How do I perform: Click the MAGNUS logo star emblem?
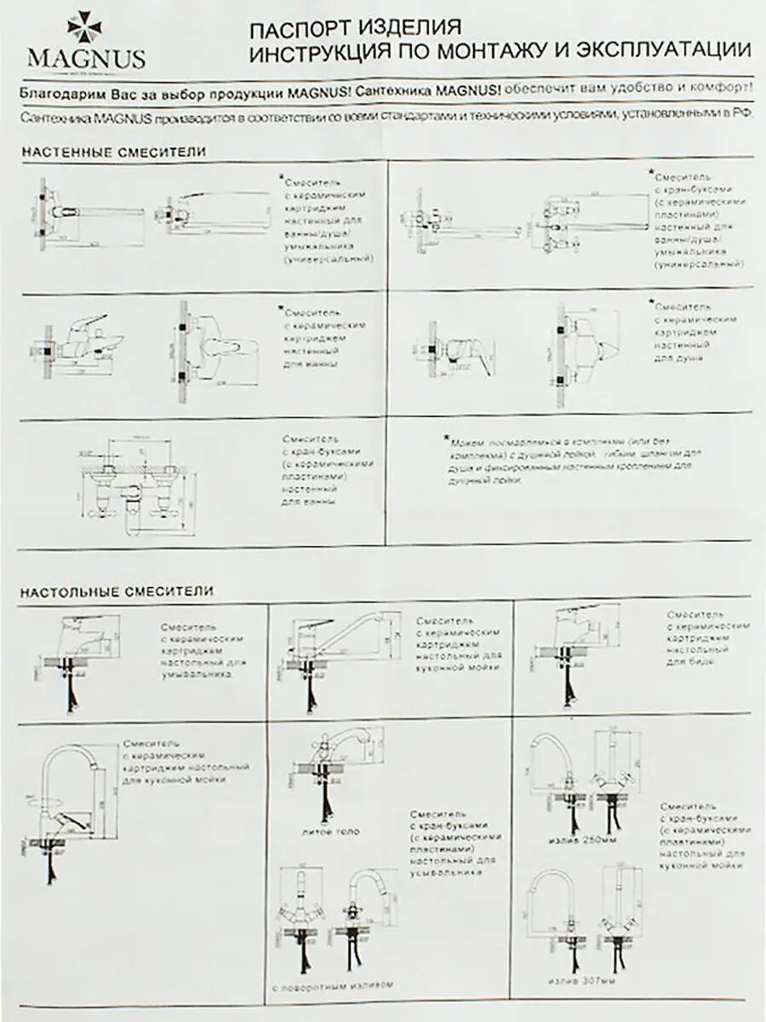coord(84,27)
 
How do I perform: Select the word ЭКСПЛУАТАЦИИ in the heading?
coord(664,50)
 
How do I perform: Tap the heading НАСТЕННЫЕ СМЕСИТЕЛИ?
coord(114,152)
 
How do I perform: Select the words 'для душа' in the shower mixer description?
coord(678,359)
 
